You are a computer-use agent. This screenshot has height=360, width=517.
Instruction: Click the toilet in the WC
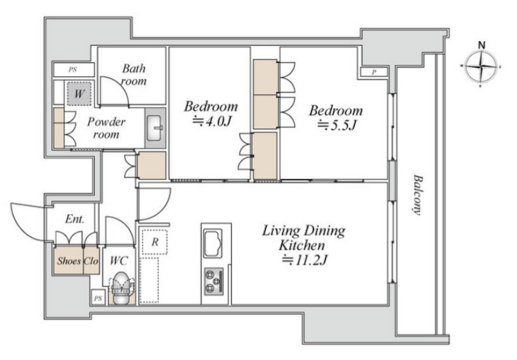click(121, 288)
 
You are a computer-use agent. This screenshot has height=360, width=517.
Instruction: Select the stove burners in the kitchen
click(214, 282)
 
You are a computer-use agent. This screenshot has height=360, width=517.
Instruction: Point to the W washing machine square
click(79, 94)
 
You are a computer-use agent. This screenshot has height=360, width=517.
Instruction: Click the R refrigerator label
click(155, 242)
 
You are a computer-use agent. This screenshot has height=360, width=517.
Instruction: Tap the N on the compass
click(482, 45)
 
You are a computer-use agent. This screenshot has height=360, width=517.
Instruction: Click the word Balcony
click(418, 195)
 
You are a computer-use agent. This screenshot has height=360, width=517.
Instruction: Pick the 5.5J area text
click(337, 126)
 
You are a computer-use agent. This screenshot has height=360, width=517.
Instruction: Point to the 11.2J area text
click(304, 260)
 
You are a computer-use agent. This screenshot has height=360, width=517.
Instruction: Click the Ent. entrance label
click(75, 219)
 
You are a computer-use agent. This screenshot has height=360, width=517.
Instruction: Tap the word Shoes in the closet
click(69, 261)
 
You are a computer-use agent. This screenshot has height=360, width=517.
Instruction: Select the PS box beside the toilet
click(98, 298)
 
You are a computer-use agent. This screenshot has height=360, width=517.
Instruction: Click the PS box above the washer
click(73, 70)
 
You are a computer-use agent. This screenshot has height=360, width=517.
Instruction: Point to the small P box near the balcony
click(374, 72)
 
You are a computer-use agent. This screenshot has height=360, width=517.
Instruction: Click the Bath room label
click(134, 75)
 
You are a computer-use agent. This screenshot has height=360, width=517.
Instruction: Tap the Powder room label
click(106, 128)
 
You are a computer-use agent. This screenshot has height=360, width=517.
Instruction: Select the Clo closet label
click(91, 261)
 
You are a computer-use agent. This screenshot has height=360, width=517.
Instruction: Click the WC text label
click(119, 261)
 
